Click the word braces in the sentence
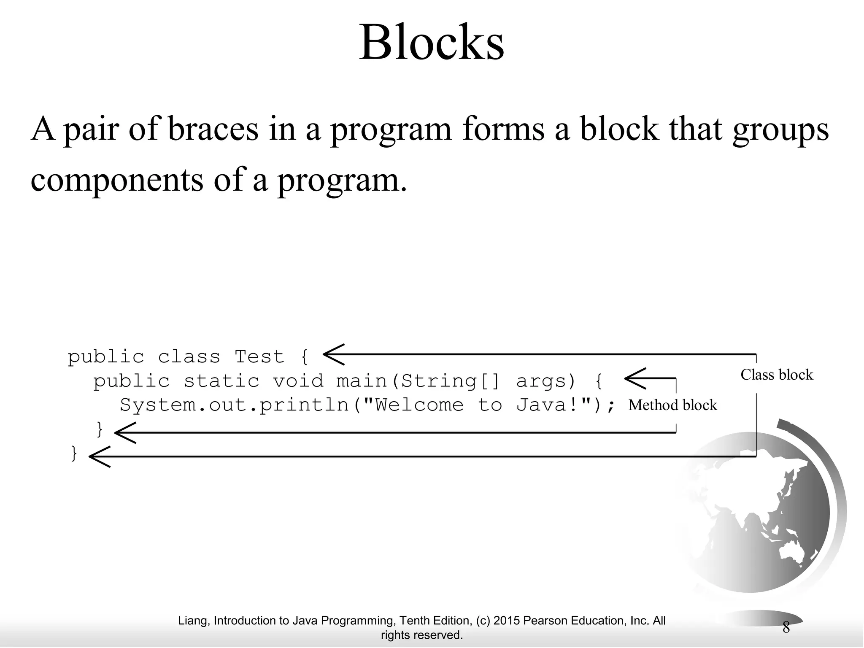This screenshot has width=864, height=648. (213, 129)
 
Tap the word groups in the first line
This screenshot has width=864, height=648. (780, 130)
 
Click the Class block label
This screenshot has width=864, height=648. (776, 375)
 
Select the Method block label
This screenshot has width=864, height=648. (672, 405)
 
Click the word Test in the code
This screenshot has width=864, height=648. (259, 357)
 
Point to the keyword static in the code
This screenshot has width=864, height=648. (221, 381)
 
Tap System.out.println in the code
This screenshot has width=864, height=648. (234, 405)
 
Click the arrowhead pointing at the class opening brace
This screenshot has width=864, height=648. (333, 354)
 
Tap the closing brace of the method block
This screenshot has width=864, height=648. (100, 429)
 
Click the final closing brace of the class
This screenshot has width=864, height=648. (74, 454)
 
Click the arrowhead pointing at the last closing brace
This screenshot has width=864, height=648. (99, 456)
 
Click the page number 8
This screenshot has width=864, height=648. (786, 628)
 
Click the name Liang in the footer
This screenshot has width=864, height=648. (192, 621)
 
